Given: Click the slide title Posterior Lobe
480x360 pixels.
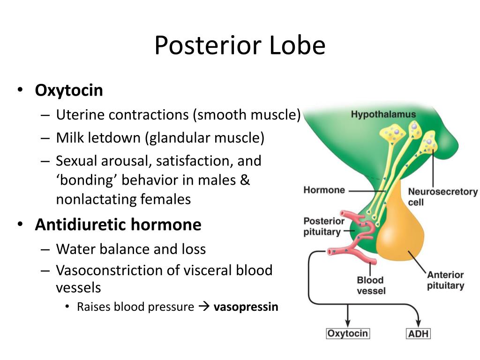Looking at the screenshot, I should pyautogui.click(x=240, y=45).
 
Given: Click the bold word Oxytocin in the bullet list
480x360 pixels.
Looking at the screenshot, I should pyautogui.click(x=69, y=90).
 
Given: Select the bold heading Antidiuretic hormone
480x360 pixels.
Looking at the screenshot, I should pyautogui.click(x=118, y=225).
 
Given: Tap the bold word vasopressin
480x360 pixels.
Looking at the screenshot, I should pyautogui.click(x=246, y=307).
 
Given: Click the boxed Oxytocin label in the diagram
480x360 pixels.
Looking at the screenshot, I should pyautogui.click(x=348, y=334).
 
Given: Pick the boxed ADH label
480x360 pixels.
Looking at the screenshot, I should pyautogui.click(x=418, y=334).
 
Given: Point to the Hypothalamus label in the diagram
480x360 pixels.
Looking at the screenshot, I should pyautogui.click(x=383, y=114).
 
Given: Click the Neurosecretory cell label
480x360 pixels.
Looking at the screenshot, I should pyautogui.click(x=442, y=197).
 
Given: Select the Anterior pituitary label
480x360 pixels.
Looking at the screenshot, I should pyautogui.click(x=445, y=280).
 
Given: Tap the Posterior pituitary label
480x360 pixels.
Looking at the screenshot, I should pyautogui.click(x=324, y=226).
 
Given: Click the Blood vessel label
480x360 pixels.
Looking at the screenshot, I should pyautogui.click(x=371, y=285).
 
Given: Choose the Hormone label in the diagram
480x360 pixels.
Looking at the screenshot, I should pyautogui.click(x=324, y=190).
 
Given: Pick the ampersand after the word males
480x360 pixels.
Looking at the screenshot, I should pyautogui.click(x=246, y=180).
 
